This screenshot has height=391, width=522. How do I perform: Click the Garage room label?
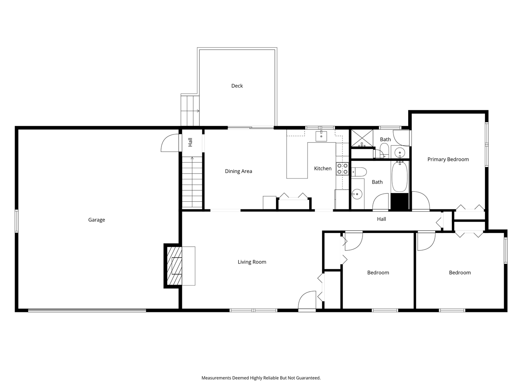97,220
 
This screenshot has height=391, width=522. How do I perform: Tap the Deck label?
237,86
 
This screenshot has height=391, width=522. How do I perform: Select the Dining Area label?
238,171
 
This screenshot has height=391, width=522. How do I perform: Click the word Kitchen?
323,169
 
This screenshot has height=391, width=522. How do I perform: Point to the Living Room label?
252,262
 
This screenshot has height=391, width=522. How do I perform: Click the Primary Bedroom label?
448,159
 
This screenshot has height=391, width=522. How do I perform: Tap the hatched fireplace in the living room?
173,266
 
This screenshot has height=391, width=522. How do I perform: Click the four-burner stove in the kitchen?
342,169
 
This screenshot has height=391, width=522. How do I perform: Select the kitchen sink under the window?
321,136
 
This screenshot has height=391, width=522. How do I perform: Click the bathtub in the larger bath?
400,177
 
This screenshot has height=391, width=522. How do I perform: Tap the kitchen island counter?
297,160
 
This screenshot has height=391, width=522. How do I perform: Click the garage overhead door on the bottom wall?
87,310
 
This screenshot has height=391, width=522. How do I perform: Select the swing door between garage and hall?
170,143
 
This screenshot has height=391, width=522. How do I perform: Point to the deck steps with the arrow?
190,111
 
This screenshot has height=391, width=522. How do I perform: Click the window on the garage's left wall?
17,221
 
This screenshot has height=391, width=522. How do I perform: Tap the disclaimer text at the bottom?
261,378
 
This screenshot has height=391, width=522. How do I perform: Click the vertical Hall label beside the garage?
190,143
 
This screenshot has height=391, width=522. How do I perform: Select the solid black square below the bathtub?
400,202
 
